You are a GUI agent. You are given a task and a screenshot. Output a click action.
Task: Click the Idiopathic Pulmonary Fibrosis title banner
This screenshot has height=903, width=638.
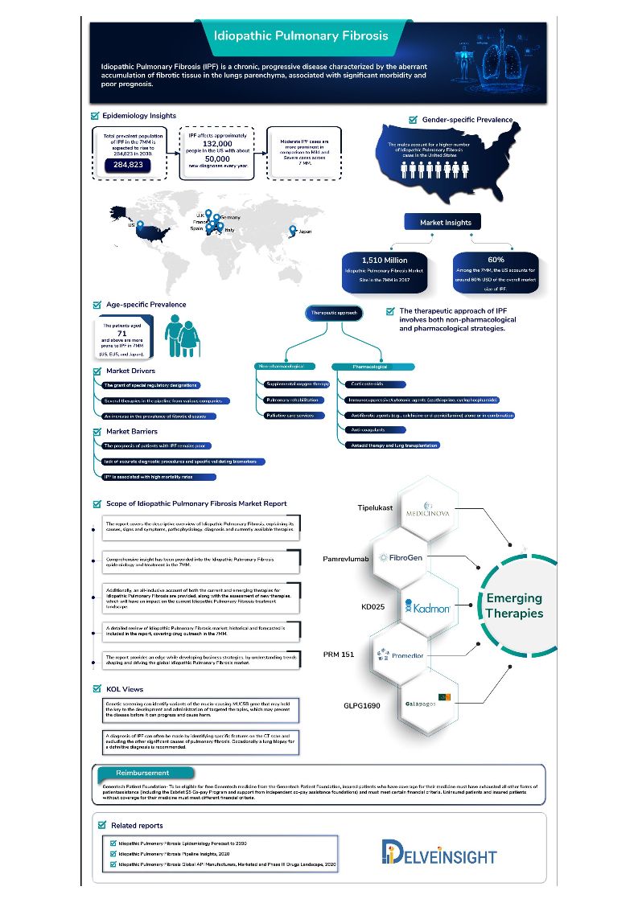tap(301, 35)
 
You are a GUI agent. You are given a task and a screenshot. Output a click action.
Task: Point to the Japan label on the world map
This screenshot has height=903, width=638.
tap(303, 232)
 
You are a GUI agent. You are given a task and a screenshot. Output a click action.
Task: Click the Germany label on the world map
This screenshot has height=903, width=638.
tap(230, 218)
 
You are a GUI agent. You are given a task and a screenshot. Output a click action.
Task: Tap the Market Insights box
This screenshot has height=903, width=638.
tap(445, 223)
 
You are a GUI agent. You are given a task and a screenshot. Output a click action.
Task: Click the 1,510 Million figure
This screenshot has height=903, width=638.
tap(385, 260)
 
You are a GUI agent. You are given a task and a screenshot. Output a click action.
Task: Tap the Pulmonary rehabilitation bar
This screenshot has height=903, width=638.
tap(291, 400)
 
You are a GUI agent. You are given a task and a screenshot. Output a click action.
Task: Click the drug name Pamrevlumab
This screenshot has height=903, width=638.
tap(345, 556)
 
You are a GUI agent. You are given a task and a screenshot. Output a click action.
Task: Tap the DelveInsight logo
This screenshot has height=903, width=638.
tap(439, 853)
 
